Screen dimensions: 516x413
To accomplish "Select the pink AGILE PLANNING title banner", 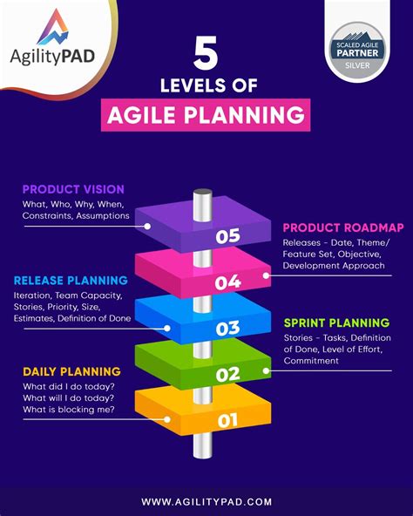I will pos(206,114).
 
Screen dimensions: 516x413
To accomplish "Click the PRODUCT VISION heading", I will pos(73,189).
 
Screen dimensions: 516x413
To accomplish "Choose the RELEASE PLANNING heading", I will pos(71,281).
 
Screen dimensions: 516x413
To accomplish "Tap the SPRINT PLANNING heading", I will pos(336,323).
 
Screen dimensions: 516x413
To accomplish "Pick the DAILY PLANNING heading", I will pos(66,371).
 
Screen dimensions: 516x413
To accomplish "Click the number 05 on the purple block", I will pos(227,235).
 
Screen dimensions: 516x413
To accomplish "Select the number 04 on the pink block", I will pos(227,282).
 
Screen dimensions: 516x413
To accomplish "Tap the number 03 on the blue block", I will pos(227,329).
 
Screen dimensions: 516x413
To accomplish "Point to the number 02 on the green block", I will pos(227,375).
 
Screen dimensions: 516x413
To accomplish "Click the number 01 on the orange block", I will pos(227,422).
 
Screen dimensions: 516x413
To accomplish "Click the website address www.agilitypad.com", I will pos(206,501).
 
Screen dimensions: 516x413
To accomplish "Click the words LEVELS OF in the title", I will pos(206,85).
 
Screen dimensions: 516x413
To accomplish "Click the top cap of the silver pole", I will pos(203,191).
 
